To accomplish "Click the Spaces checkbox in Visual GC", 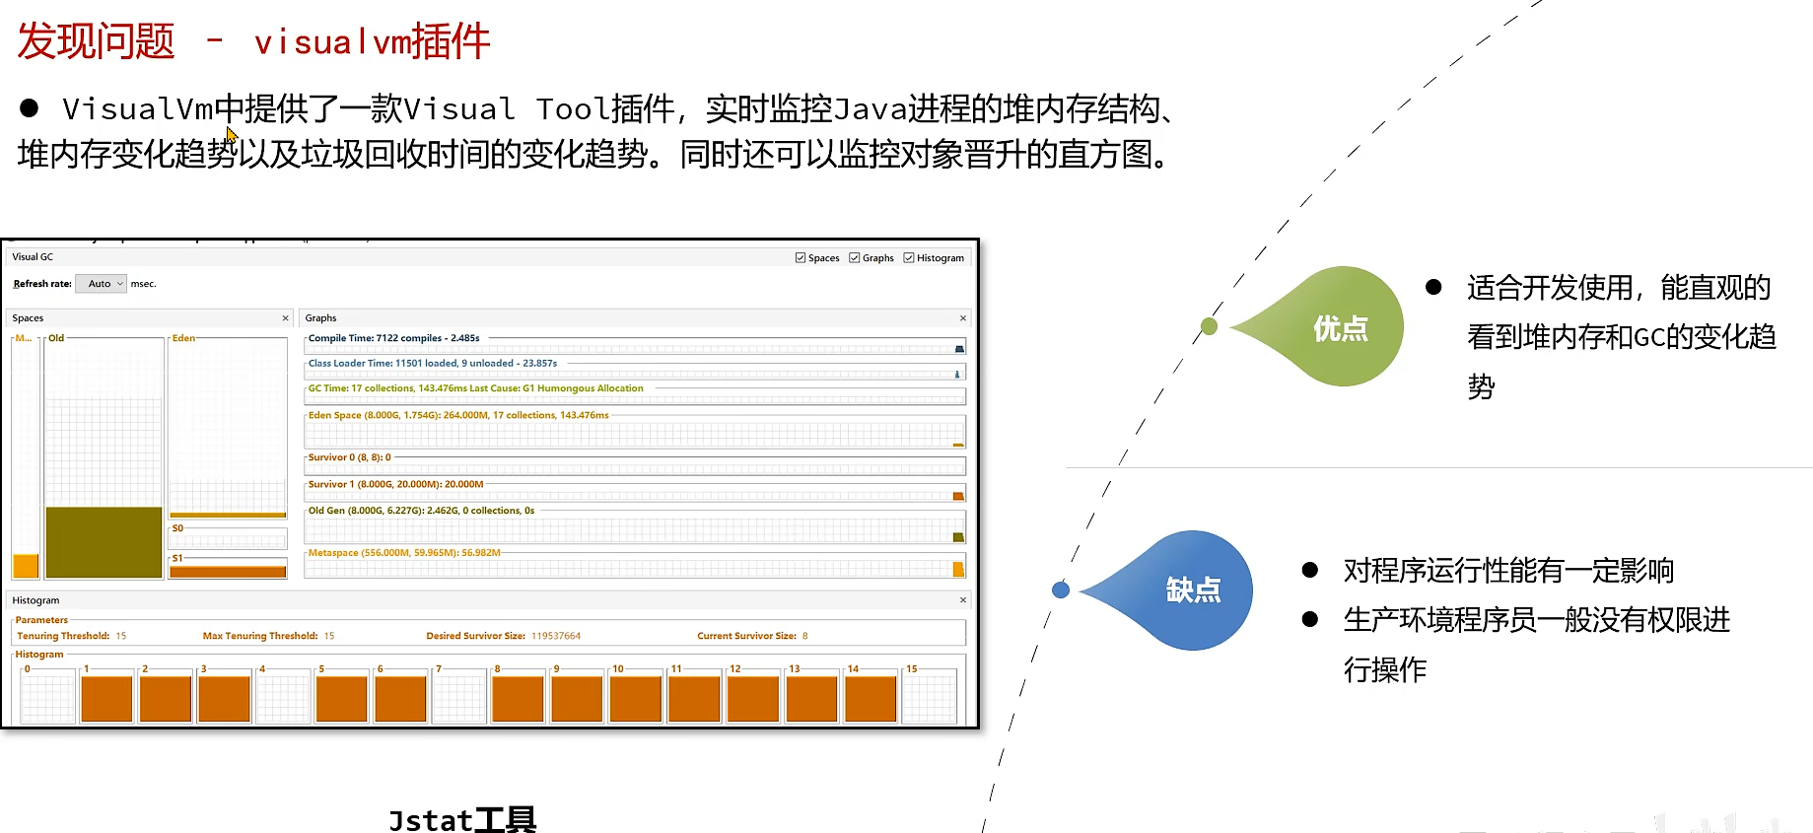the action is [x=801, y=258].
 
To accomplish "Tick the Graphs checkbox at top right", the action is [x=855, y=258].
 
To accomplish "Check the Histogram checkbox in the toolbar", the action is [x=909, y=258].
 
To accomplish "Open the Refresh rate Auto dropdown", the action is [x=102, y=284].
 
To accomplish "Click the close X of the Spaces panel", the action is [x=286, y=318].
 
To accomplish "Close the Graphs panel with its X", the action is [x=963, y=318].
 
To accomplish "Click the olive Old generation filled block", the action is [x=104, y=541].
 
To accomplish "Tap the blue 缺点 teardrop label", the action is [x=1193, y=590].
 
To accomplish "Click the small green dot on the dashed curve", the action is [x=1210, y=326].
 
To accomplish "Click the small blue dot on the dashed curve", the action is [x=1061, y=590].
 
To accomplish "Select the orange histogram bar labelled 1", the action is [x=106, y=698].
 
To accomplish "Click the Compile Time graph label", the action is [x=393, y=338].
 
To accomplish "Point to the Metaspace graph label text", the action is [x=404, y=553].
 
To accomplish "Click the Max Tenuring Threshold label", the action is [x=260, y=636].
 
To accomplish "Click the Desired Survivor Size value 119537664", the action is [x=556, y=636].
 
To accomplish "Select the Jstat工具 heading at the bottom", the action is [x=462, y=819].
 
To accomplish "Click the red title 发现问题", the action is [x=96, y=41].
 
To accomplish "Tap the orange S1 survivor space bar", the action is [x=228, y=572].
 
